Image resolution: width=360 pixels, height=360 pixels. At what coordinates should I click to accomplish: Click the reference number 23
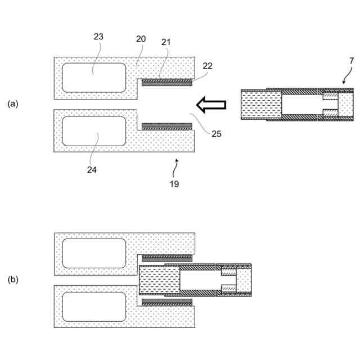98,37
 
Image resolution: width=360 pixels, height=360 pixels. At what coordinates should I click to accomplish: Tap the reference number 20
141,39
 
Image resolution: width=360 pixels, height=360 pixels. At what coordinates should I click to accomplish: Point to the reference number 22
208,66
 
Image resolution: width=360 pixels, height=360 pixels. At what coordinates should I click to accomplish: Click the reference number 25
217,134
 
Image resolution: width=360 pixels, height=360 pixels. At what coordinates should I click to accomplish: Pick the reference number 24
92,169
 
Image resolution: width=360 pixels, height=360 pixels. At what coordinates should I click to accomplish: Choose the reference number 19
174,183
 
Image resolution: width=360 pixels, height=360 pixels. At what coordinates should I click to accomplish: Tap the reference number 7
352,60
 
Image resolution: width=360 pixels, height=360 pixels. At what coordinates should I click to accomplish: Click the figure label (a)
13,104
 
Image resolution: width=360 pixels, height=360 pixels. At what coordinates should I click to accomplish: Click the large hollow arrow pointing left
211,104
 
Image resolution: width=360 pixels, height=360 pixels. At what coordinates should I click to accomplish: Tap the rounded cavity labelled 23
94,78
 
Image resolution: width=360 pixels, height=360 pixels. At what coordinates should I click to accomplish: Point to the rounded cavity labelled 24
94,131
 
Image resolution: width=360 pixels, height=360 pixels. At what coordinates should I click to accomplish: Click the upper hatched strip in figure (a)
167,82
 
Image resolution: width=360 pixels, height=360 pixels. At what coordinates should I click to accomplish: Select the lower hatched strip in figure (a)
167,127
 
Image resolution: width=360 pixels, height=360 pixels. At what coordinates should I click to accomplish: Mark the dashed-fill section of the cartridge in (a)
260,105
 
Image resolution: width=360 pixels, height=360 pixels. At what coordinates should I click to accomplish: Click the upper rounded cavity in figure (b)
94,253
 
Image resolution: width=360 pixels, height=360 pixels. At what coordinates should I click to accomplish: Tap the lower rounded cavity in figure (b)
94,307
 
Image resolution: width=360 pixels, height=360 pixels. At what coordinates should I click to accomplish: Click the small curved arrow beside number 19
177,164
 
